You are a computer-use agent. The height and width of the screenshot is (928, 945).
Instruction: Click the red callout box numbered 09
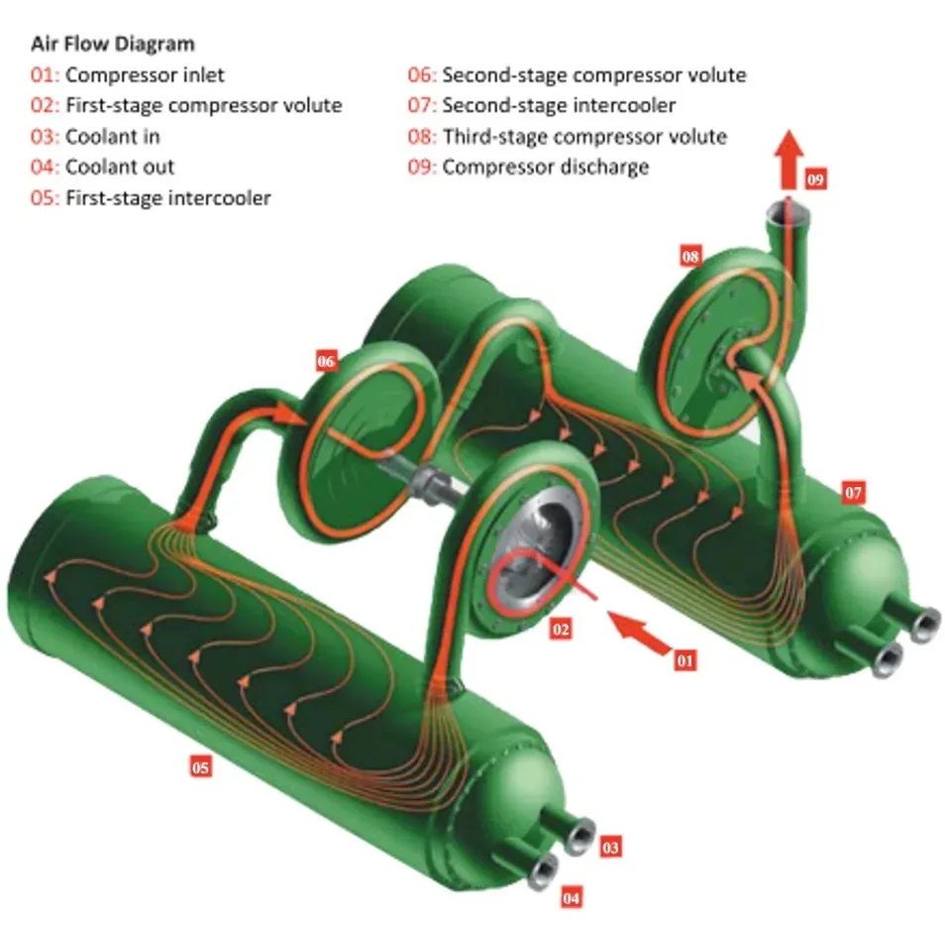[814, 179]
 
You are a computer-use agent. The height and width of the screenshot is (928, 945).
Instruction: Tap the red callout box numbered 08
[690, 256]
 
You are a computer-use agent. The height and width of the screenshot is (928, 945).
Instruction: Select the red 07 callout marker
[853, 492]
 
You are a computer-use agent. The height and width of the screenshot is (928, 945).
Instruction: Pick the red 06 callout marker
[326, 361]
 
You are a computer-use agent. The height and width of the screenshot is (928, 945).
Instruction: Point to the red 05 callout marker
[201, 765]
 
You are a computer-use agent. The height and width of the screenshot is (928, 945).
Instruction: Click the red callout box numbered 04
[571, 897]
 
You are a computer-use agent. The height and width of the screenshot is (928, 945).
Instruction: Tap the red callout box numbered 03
[609, 847]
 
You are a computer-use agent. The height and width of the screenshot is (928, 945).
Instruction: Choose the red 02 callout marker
[561, 629]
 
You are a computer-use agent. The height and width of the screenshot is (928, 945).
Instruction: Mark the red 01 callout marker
[684, 658]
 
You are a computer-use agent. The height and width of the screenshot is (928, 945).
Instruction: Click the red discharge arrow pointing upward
[787, 159]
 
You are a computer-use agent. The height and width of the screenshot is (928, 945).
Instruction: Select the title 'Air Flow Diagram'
[113, 44]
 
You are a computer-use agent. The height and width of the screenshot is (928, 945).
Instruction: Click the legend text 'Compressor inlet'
[145, 74]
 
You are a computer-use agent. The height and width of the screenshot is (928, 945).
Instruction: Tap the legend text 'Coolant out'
[120, 167]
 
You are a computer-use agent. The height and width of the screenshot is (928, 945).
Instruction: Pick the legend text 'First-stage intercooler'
[167, 197]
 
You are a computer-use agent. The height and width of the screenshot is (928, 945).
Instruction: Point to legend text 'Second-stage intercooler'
[559, 105]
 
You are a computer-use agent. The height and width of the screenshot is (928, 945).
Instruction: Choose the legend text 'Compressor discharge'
[545, 167]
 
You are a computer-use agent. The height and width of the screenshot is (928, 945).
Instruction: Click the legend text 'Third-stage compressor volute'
[584, 136]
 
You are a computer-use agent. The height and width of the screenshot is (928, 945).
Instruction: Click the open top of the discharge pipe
[787, 210]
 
